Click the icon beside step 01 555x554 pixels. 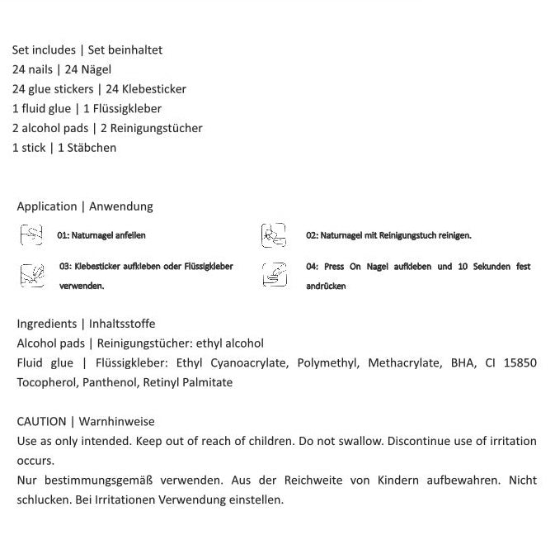31,235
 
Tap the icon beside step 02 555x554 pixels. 274,236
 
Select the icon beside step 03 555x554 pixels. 32,276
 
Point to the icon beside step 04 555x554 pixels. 275,275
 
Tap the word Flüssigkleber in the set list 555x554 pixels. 127,109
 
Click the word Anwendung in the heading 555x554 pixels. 121,206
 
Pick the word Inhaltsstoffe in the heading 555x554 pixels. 122,324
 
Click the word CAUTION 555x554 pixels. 41,422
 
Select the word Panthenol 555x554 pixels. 111,382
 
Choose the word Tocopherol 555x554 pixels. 45,382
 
